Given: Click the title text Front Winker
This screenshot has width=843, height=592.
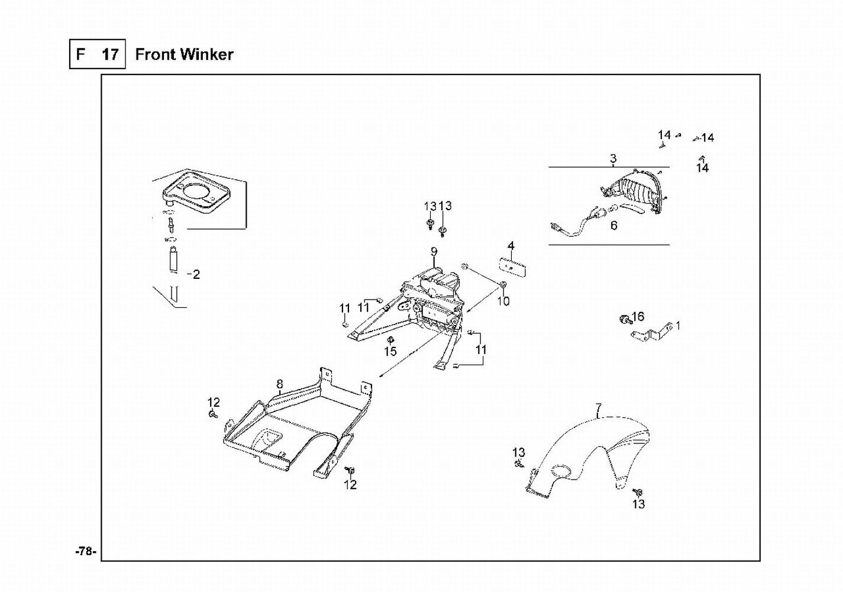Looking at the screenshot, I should [x=184, y=54].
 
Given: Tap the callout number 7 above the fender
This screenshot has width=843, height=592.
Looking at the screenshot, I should [x=599, y=408].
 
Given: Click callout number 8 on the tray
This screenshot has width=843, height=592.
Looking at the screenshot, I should [x=280, y=384].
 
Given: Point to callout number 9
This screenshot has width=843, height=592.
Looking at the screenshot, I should [x=434, y=252].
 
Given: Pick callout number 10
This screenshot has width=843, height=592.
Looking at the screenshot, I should [x=503, y=301].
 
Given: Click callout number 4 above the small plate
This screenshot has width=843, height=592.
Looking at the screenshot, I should [x=511, y=246].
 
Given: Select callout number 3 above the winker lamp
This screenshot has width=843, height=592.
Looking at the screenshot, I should [x=613, y=159].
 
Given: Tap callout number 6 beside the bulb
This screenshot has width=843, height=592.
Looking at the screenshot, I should [x=614, y=226].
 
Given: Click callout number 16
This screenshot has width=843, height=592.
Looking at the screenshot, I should [x=638, y=317].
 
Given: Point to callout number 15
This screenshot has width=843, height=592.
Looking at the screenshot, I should [x=390, y=352].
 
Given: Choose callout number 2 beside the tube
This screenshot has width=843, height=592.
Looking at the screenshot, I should [x=196, y=275].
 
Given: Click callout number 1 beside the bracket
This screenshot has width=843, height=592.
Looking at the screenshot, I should [x=678, y=326].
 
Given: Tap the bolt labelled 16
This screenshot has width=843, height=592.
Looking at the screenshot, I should [x=624, y=320].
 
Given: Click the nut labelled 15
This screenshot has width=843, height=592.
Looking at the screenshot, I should [x=390, y=340].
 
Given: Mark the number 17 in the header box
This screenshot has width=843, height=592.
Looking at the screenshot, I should [x=110, y=54].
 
